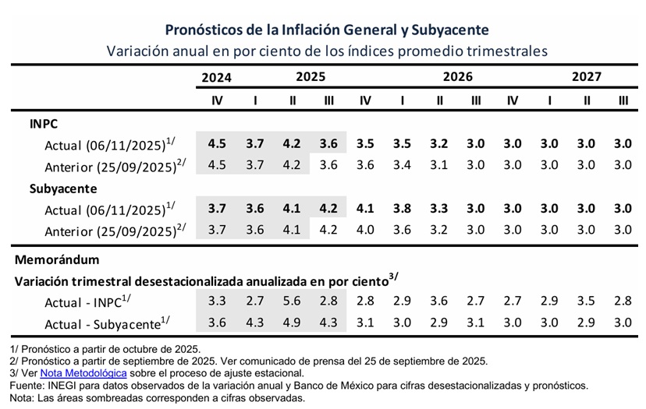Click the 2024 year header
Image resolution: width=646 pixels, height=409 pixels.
click(217, 77)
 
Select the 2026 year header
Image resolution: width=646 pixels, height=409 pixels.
click(457, 77)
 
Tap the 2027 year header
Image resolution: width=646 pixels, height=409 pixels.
click(586, 77)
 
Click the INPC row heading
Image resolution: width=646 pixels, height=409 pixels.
click(44, 124)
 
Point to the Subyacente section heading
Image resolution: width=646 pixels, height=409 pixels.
click(64, 189)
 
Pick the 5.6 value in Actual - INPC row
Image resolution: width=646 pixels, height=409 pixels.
click(292, 300)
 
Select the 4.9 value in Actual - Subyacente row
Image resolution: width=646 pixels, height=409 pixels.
click(292, 321)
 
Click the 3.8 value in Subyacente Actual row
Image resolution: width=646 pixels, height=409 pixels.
click(402, 209)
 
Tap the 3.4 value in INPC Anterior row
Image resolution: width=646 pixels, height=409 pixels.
click(402, 164)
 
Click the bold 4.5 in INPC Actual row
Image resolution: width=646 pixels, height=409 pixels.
click(217, 144)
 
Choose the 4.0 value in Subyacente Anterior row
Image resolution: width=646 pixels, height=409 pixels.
click(365, 230)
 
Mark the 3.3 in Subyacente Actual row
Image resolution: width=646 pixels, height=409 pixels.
click(438, 209)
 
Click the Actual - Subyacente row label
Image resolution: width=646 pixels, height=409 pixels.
click(108, 323)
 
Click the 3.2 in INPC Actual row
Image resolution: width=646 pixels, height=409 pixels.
click(438, 144)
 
